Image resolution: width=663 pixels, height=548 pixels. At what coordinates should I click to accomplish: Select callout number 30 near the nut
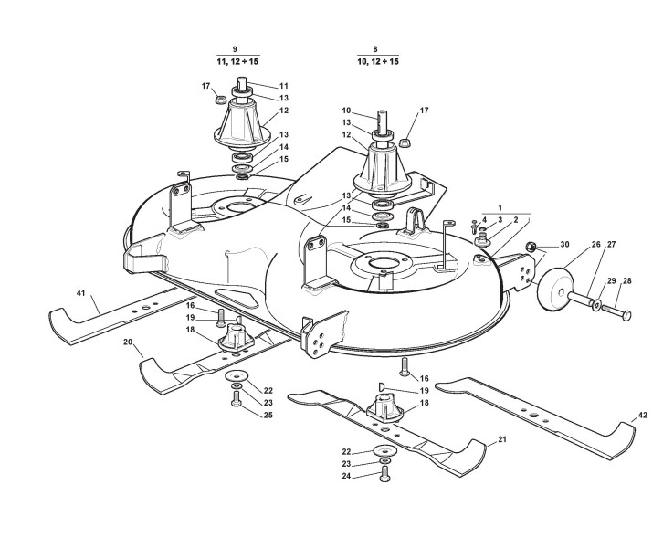564,245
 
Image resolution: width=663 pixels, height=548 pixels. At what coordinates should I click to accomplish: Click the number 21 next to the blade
501,440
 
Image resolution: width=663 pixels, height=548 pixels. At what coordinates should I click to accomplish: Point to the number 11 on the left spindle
258,86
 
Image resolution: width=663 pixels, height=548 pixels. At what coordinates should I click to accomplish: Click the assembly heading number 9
236,47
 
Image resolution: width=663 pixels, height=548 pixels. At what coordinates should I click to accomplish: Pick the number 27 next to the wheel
612,245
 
